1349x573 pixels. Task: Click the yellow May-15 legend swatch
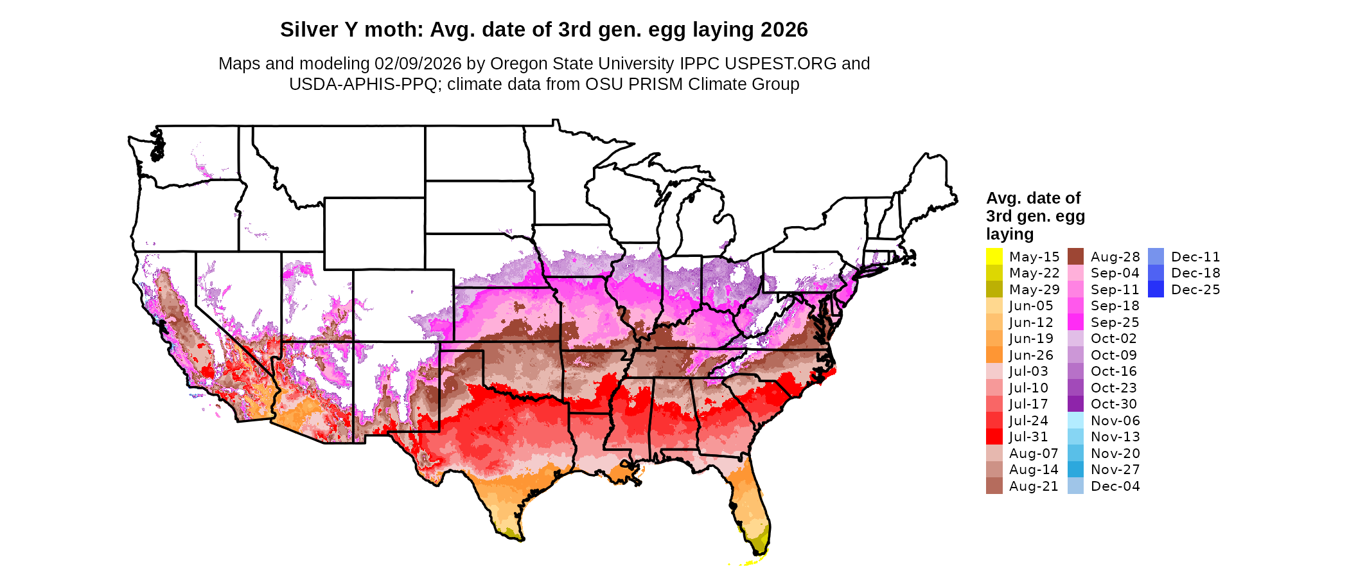coord(994,256)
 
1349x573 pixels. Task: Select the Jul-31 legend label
coord(1028,437)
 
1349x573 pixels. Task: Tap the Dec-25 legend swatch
coord(1156,290)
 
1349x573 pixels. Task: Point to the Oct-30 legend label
coord(1113,404)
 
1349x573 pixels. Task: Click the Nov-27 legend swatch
coord(1075,470)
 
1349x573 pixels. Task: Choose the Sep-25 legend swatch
coord(1075,322)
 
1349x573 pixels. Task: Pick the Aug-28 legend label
coord(1115,257)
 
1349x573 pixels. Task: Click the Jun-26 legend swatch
coord(994,355)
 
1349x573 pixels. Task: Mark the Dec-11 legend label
coord(1195,257)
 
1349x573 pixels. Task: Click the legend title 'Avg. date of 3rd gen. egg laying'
coord(1035,216)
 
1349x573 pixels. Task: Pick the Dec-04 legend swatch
coord(1075,486)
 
